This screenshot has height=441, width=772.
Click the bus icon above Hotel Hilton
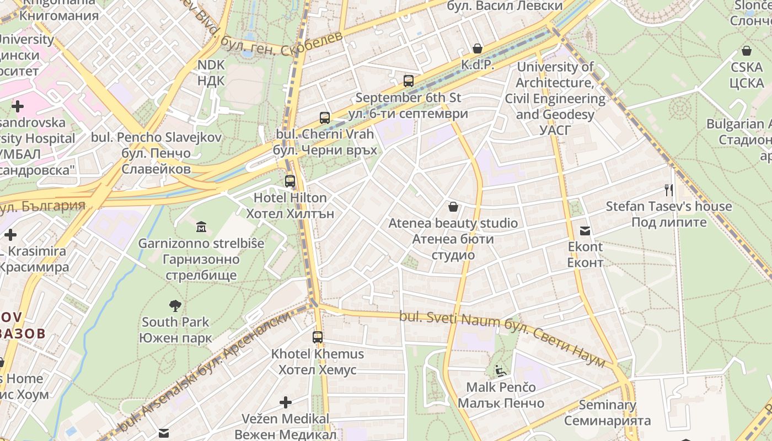(x=290, y=181)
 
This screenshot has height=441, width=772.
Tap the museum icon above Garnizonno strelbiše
(x=201, y=226)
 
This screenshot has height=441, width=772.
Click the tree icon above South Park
(x=175, y=305)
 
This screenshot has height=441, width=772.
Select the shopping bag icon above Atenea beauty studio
(x=453, y=207)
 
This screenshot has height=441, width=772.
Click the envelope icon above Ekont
(x=585, y=230)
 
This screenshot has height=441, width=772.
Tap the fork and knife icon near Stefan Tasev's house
(x=669, y=190)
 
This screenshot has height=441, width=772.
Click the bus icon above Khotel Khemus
(x=318, y=337)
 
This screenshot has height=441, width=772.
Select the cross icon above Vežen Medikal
(x=286, y=402)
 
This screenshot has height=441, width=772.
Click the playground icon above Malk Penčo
(x=501, y=371)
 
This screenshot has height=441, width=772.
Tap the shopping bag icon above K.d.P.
(x=478, y=49)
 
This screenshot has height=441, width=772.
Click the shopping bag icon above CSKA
(x=747, y=51)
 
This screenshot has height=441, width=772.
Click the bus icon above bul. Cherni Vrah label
(x=325, y=117)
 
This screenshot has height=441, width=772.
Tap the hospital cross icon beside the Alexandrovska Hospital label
(x=18, y=106)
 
